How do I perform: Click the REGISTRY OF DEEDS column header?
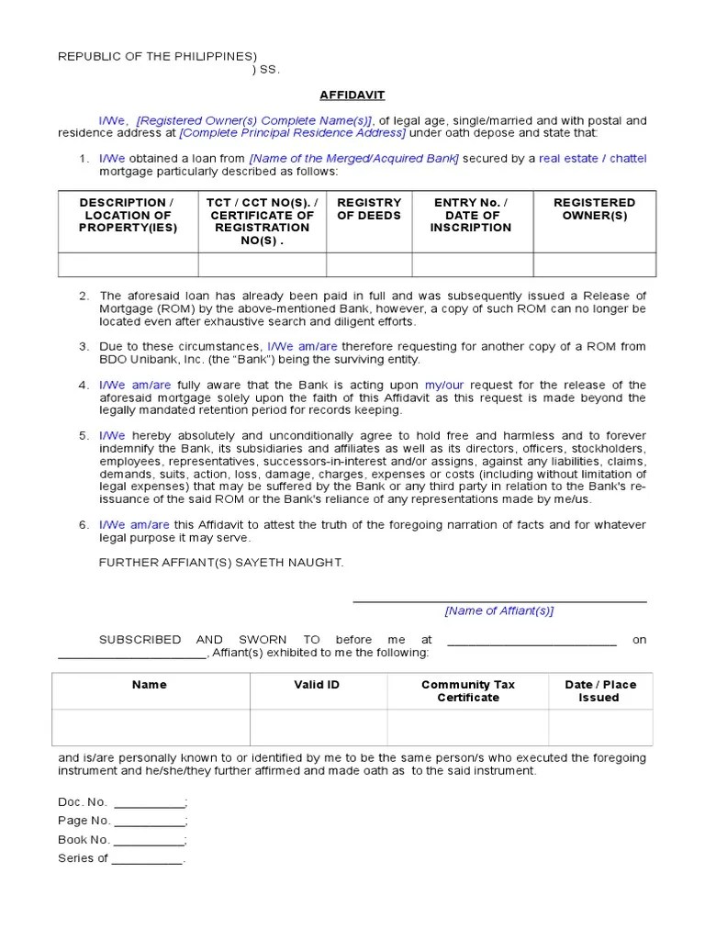369,208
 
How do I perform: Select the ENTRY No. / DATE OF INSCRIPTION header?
471,215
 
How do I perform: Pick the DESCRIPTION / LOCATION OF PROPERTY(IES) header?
127,215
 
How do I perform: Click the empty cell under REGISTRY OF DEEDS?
369,264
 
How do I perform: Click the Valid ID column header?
317,685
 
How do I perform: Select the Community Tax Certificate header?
467,691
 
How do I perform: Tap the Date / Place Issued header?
599,691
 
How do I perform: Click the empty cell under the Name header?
150,727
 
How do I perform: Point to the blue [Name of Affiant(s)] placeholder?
499,610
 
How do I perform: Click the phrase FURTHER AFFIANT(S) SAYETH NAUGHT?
221,562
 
